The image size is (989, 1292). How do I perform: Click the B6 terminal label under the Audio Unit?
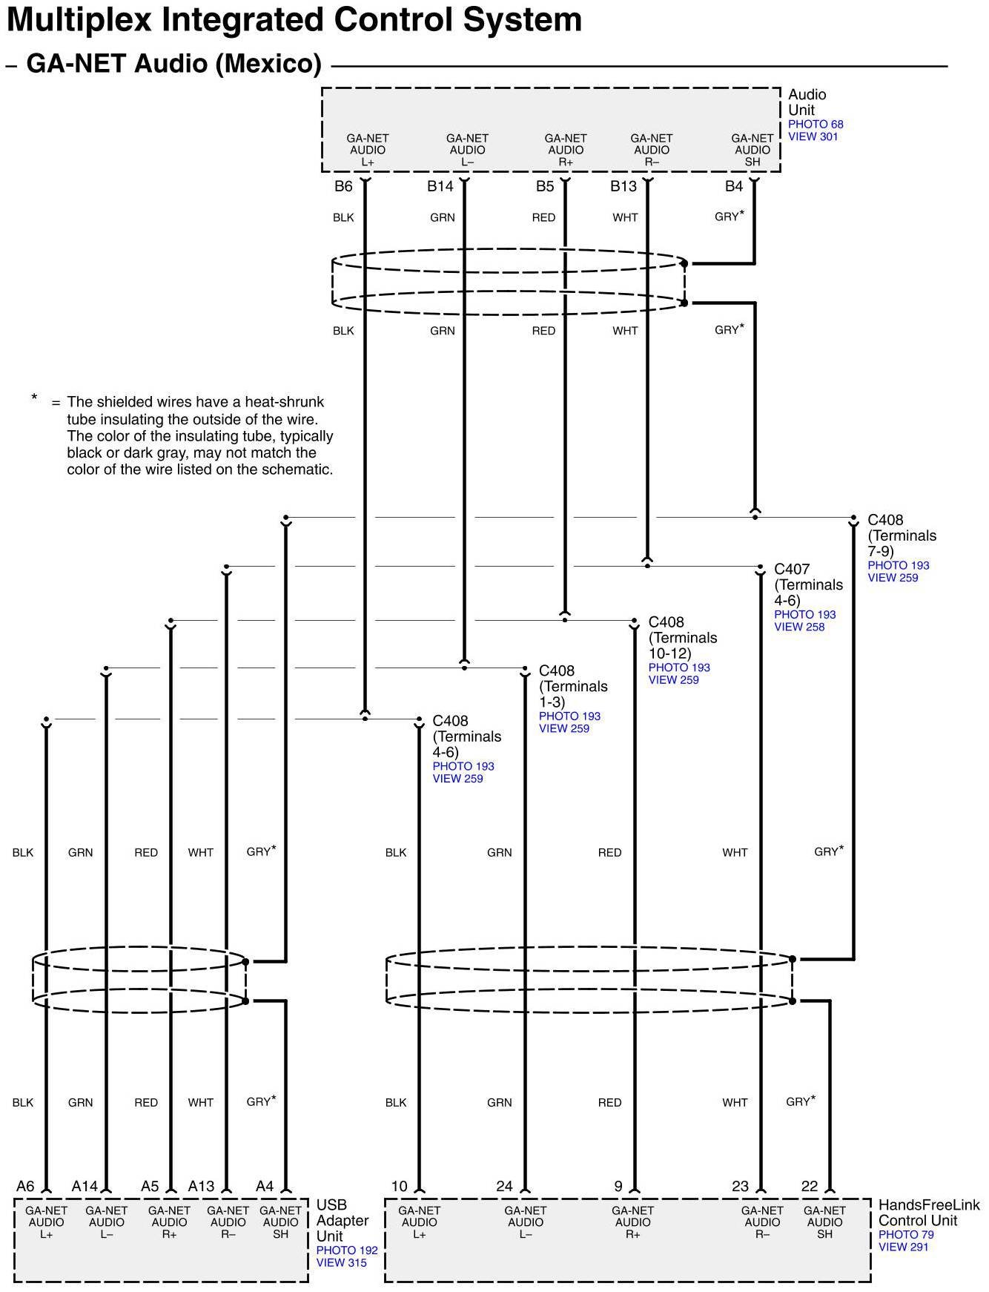(343, 186)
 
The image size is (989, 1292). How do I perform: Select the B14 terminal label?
(440, 186)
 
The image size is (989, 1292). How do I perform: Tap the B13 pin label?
(623, 186)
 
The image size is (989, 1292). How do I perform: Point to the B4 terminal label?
(733, 186)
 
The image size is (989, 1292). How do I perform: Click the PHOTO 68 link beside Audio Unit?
(815, 125)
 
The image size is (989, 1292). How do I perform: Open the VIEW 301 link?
(813, 137)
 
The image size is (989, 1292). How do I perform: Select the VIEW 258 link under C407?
(798, 627)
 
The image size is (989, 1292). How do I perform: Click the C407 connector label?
(792, 570)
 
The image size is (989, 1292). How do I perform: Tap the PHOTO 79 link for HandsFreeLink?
(905, 1235)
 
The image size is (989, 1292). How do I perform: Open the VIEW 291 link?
(903, 1247)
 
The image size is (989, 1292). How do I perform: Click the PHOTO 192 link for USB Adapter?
(346, 1250)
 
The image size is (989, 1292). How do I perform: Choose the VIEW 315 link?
(341, 1263)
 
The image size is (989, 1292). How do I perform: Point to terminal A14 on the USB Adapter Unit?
(85, 1187)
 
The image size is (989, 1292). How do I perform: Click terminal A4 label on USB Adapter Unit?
(264, 1187)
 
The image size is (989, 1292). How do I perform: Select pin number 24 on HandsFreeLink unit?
(504, 1187)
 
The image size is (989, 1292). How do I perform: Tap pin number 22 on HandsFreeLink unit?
(809, 1187)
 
